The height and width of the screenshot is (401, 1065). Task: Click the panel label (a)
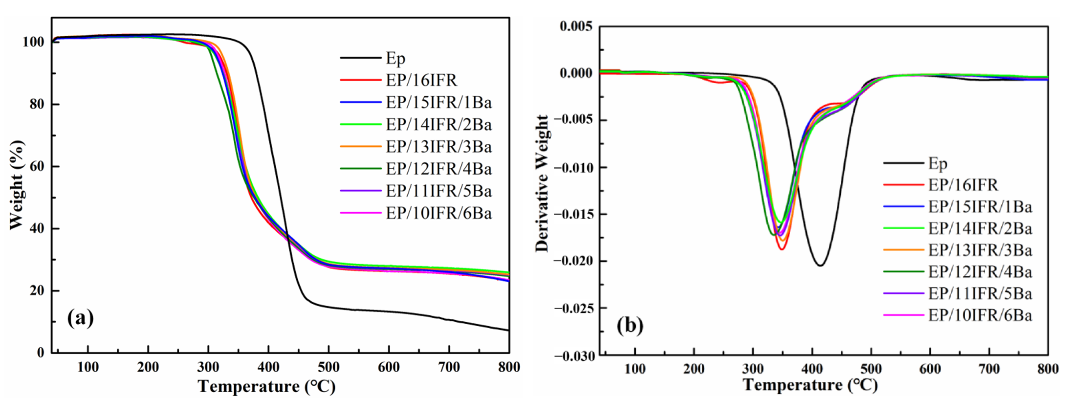point(81,318)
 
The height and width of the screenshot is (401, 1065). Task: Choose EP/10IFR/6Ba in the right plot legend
point(980,315)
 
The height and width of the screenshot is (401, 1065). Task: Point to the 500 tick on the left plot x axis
point(329,367)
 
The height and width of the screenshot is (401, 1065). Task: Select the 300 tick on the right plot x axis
point(753,368)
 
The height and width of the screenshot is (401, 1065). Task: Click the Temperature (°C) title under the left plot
point(267,387)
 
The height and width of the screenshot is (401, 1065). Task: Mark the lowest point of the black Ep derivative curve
point(820,265)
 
